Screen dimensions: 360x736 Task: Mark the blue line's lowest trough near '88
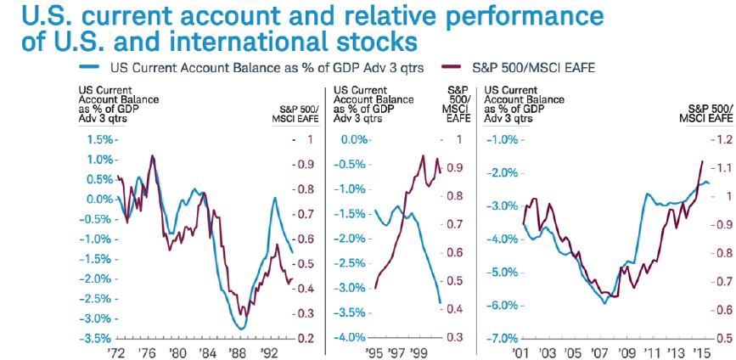click(x=242, y=329)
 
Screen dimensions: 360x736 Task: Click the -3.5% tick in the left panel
click(x=96, y=338)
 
